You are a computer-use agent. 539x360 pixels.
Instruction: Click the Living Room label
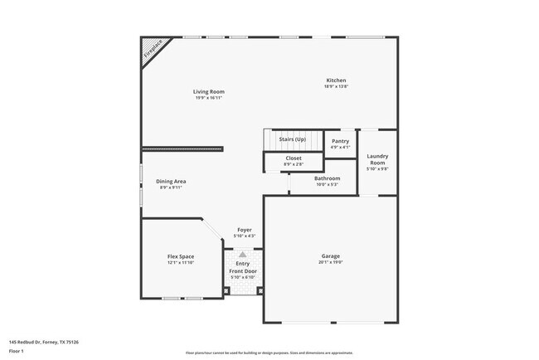tap(209, 91)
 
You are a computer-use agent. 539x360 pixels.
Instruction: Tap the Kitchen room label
tap(336, 80)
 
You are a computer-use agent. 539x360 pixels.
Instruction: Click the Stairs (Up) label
tap(292, 139)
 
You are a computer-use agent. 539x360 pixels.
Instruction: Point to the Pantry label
tap(340, 141)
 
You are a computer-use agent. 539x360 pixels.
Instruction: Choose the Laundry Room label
tap(377, 158)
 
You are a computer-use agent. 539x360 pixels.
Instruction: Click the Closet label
tap(294, 158)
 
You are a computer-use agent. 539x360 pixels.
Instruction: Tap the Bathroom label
tap(327, 178)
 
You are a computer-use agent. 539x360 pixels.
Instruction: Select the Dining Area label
tap(172, 181)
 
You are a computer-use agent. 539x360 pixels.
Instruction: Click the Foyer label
tap(245, 230)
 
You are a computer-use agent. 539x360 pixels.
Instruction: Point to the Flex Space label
tap(180, 256)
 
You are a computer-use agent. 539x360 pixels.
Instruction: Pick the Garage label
tap(331, 255)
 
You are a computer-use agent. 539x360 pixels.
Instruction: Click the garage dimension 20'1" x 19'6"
tap(331, 262)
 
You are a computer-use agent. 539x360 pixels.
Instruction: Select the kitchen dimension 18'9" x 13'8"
tap(336, 86)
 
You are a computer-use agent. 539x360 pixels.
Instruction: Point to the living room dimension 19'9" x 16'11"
tap(209, 97)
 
